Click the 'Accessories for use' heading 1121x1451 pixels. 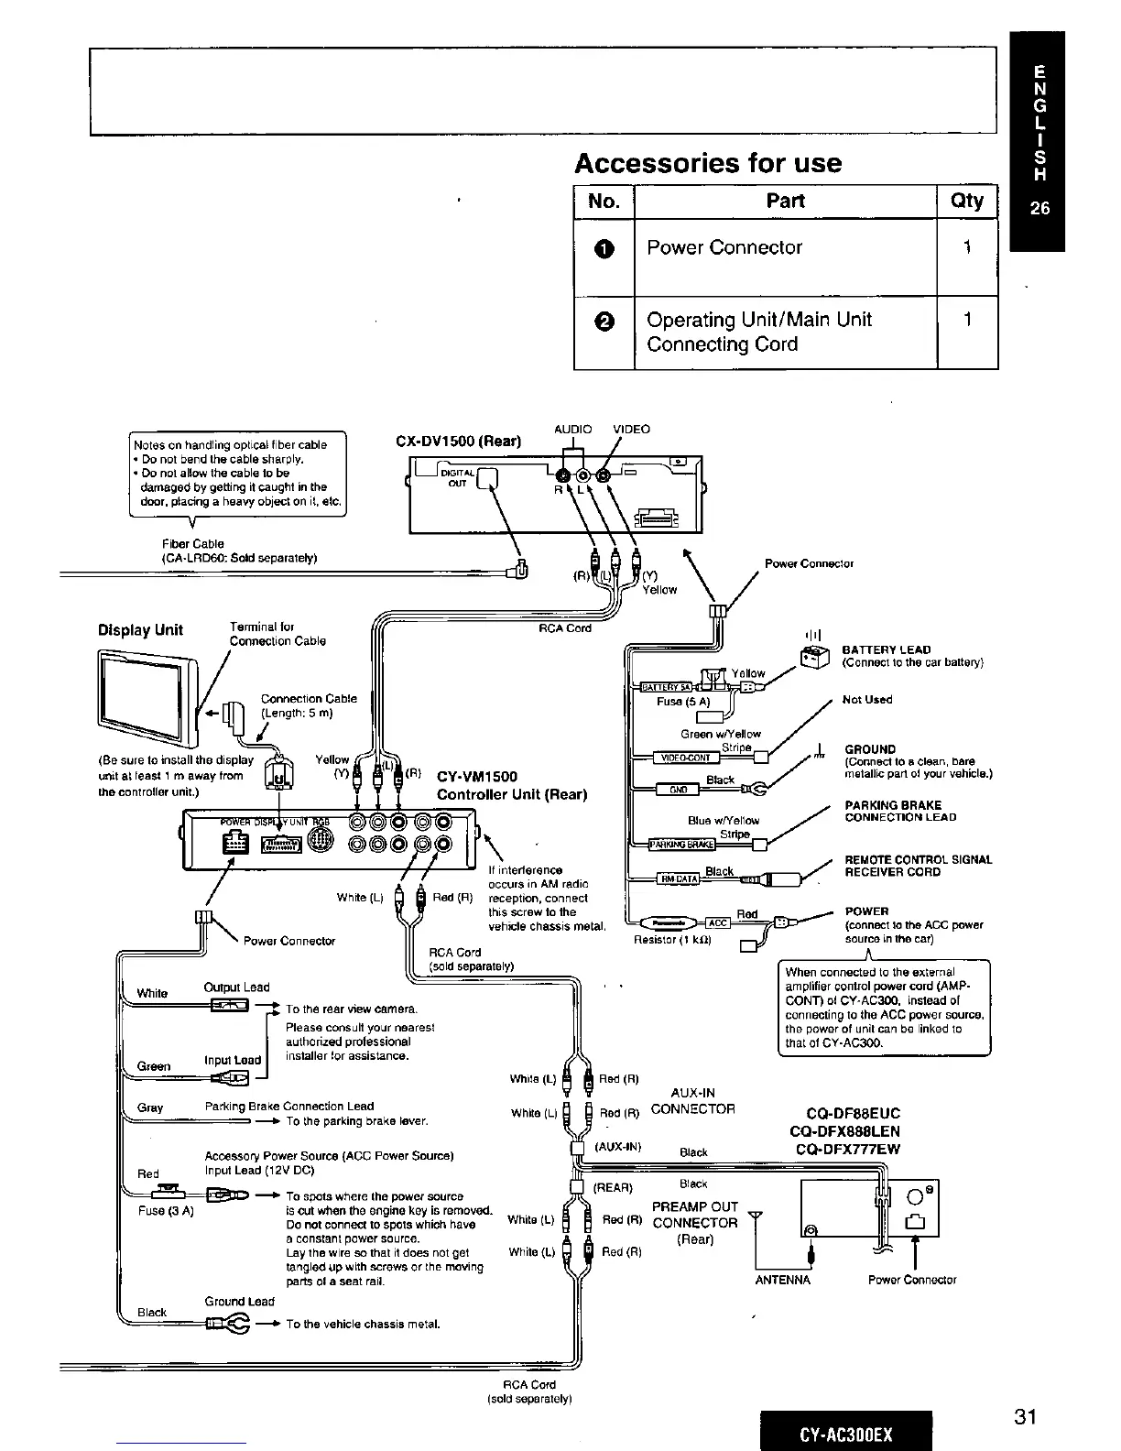707,163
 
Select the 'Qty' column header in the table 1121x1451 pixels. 967,201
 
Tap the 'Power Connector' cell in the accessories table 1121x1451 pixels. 724,247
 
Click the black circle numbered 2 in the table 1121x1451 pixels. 604,321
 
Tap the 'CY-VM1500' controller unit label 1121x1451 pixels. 477,777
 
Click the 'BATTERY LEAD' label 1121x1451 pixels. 886,649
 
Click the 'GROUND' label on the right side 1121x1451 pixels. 870,749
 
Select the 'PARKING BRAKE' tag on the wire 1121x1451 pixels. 681,845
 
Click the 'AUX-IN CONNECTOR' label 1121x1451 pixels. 692,1101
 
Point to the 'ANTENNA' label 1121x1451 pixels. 782,1280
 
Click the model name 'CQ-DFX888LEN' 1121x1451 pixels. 844,1131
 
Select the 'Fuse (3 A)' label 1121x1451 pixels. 166,1212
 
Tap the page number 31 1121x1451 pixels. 1025,1417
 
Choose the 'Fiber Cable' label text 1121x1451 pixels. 192,544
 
